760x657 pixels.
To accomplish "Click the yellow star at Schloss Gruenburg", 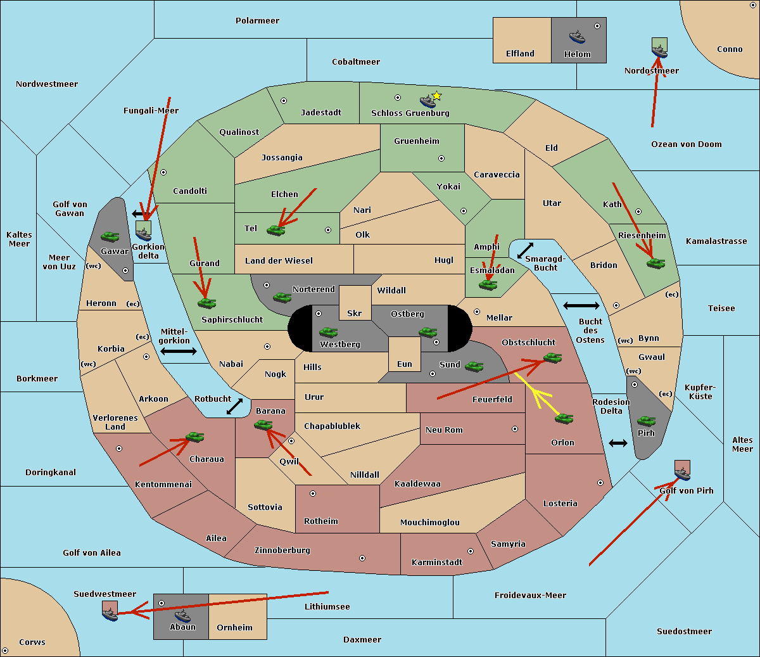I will tap(436, 96).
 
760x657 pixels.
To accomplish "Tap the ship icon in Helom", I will tap(577, 36).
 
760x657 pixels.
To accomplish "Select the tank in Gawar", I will tap(110, 236).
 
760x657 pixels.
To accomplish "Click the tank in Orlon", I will tap(564, 418).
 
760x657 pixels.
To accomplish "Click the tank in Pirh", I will tap(646, 421).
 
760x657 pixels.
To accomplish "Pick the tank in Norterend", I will tap(282, 297).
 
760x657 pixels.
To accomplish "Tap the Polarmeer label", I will tap(257, 21).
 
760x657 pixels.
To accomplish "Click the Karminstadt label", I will tap(437, 562).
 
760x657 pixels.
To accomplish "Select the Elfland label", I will tap(520, 54).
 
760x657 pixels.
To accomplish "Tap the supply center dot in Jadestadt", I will tap(284, 101).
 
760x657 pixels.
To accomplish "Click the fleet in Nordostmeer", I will tap(659, 48).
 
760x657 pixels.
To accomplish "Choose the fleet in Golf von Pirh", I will tap(682, 470).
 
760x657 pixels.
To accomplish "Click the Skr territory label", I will tap(355, 313).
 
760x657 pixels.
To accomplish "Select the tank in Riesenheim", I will tap(655, 262).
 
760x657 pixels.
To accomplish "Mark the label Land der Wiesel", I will tap(279, 260).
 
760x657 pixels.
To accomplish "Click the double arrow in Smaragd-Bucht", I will tap(525, 251).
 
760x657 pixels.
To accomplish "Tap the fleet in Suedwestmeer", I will tap(110, 611).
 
